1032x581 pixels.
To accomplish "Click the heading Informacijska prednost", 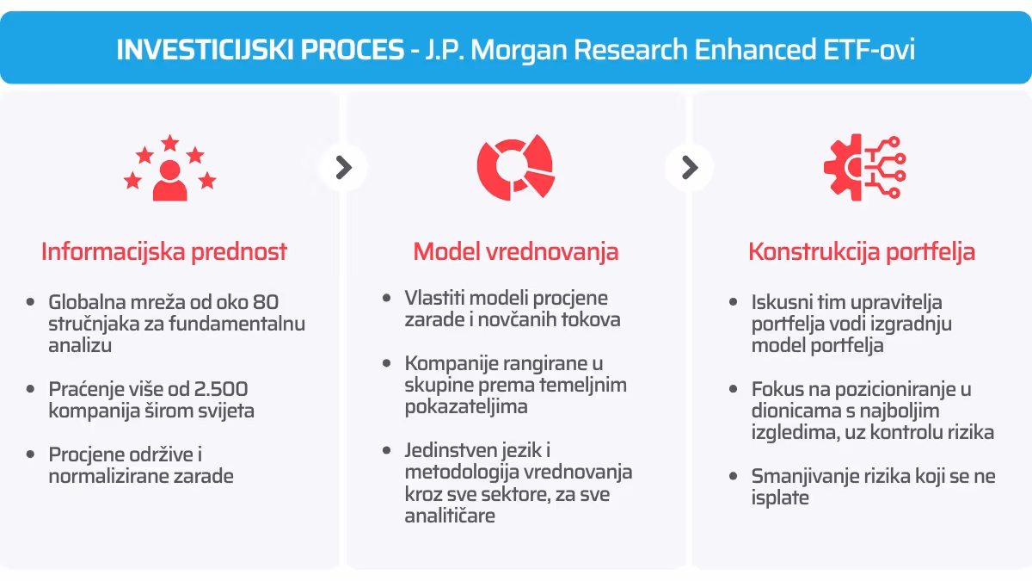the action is [164, 251].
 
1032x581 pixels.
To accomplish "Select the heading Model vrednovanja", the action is [516, 251].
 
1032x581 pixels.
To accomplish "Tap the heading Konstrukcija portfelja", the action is [862, 251].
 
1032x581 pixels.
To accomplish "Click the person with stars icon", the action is [169, 168].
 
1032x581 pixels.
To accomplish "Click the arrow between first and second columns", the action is [343, 167].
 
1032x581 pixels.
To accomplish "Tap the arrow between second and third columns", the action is [689, 167].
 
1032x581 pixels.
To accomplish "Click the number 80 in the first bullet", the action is [266, 302].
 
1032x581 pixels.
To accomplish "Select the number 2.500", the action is [222, 389].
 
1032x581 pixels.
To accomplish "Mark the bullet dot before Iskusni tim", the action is [733, 302].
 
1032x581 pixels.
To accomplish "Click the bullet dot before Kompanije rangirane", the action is [387, 364].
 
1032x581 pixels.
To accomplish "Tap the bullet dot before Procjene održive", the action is [31, 454].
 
